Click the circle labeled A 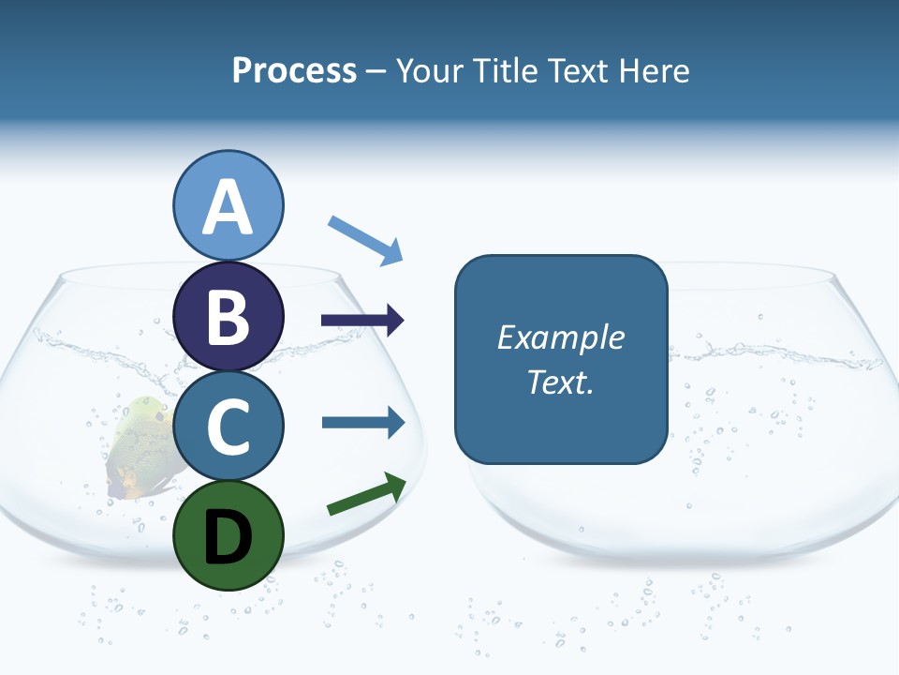pyautogui.click(x=228, y=205)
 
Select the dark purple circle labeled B pyautogui.click(x=228, y=316)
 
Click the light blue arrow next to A pyautogui.click(x=366, y=240)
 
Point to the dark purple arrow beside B pyautogui.click(x=362, y=321)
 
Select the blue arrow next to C pyautogui.click(x=363, y=422)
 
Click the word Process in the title pyautogui.click(x=294, y=70)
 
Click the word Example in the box pyautogui.click(x=560, y=337)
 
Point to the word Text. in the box pyautogui.click(x=560, y=382)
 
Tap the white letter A pyautogui.click(x=228, y=208)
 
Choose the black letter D pyautogui.click(x=228, y=536)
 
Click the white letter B pyautogui.click(x=228, y=317)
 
